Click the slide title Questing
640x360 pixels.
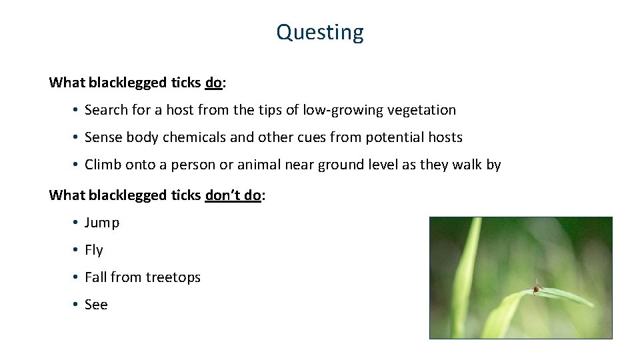pyautogui.click(x=320, y=32)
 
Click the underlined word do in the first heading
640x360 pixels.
pyautogui.click(x=213, y=83)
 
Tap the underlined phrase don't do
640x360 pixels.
pyautogui.click(x=233, y=195)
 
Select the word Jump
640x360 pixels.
pyautogui.click(x=102, y=223)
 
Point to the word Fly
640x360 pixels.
pyautogui.click(x=94, y=250)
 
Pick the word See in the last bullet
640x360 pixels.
pyautogui.click(x=96, y=305)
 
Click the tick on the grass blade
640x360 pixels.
pyautogui.click(x=536, y=289)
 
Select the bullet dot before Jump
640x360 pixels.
pyautogui.click(x=77, y=223)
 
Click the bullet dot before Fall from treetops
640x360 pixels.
pyautogui.click(x=77, y=277)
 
